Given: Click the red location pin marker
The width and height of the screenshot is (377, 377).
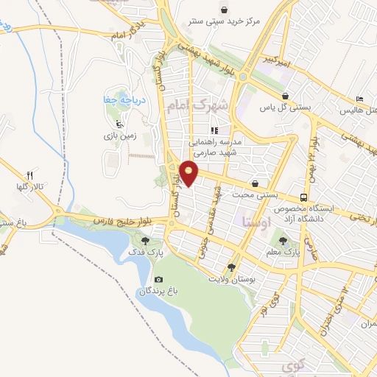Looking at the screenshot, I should (x=189, y=172).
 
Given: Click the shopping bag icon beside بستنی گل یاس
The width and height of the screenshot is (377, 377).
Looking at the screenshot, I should (x=285, y=96).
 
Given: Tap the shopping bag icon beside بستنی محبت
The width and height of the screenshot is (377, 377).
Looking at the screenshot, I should (x=256, y=183).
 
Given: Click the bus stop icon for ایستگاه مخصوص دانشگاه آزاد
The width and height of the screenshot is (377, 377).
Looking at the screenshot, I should (x=303, y=197).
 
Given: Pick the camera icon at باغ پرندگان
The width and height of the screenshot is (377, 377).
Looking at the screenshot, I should (x=158, y=279).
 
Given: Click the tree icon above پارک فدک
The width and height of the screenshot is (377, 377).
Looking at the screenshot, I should (x=145, y=240).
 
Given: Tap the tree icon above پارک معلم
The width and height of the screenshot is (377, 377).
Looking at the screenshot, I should (x=283, y=239).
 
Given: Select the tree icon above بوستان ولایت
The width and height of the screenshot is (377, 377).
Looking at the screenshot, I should (x=233, y=268).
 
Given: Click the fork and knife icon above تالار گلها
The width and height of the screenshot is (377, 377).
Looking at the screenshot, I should (x=30, y=175).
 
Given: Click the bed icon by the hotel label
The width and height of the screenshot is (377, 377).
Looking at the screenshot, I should (x=359, y=98).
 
